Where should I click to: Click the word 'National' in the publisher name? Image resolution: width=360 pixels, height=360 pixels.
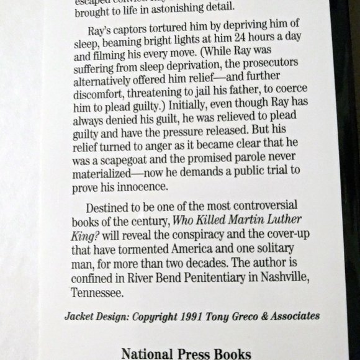click(x=147, y=354)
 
